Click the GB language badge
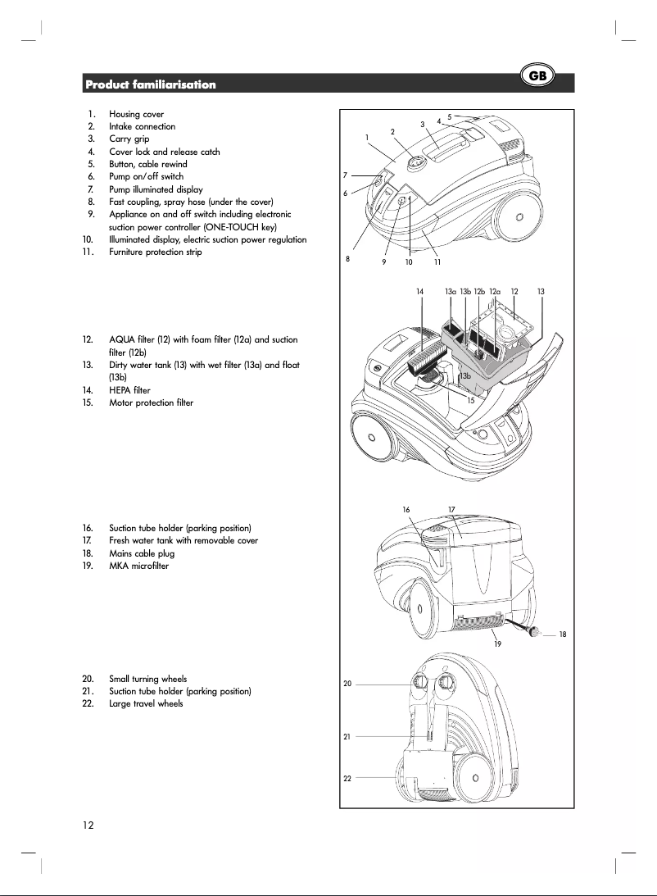point(538,76)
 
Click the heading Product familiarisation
point(151,84)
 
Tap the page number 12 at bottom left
point(87,825)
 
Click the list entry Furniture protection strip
point(155,252)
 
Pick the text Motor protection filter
point(151,403)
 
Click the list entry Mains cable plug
point(142,553)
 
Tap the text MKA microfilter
point(138,566)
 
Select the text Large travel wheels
point(146,703)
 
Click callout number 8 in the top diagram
point(347,258)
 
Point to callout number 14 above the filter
point(419,291)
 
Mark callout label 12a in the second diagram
point(495,291)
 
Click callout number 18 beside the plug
point(563,634)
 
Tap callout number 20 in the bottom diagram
point(347,684)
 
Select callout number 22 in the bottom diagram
point(347,777)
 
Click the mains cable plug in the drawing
point(533,632)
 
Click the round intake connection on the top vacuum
point(416,162)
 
